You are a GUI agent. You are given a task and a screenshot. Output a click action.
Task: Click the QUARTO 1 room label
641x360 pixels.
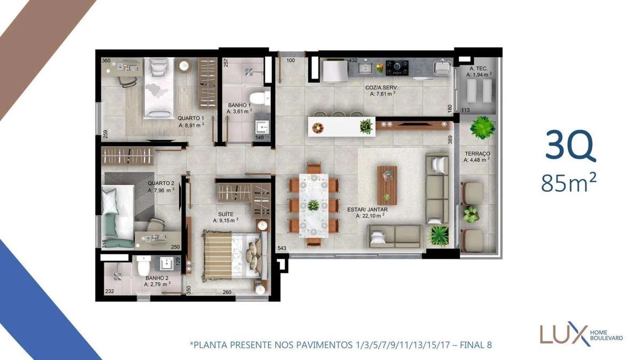pos(191,118)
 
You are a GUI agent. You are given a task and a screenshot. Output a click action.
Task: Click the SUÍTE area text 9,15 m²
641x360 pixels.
pos(225,220)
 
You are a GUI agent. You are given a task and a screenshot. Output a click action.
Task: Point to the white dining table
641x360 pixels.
pos(314,205)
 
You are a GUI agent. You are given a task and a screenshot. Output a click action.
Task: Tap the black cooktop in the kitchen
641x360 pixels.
pos(397,67)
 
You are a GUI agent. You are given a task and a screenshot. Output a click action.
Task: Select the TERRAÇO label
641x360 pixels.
pos(476,153)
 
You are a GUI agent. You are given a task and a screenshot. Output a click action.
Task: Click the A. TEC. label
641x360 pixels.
pos(477,69)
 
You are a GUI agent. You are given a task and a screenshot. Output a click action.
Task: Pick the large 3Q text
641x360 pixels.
pos(570,146)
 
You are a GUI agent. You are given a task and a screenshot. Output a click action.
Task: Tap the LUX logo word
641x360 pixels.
pos(561,334)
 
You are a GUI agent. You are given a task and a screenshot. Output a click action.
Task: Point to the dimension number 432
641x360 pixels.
pos(353,61)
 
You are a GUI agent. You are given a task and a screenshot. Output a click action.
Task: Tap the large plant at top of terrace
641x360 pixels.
pos(482,128)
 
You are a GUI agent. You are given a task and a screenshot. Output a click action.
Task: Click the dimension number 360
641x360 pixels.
pos(106,61)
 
